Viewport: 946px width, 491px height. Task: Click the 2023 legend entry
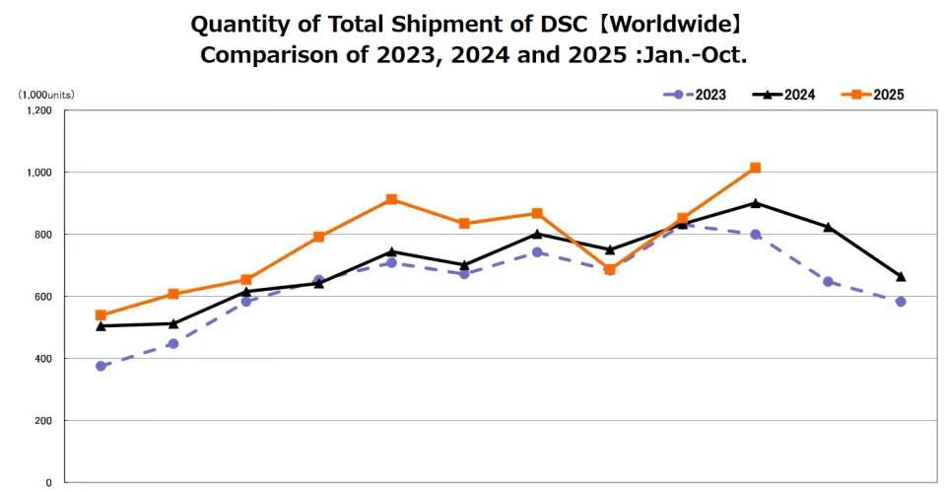pyautogui.click(x=696, y=95)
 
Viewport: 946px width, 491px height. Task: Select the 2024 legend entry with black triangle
pyautogui.click(x=784, y=95)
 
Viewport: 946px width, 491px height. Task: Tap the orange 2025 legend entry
pyautogui.click(x=873, y=95)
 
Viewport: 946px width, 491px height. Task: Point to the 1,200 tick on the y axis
pyautogui.click(x=38, y=110)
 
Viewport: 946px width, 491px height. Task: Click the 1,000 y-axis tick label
pyautogui.click(x=38, y=173)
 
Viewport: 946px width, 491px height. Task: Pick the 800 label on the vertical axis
pyautogui.click(x=42, y=235)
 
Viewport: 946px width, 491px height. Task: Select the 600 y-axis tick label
pyautogui.click(x=42, y=297)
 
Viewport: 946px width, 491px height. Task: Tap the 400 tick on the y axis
pyautogui.click(x=42, y=359)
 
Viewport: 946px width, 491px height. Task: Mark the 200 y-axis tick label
pyautogui.click(x=42, y=421)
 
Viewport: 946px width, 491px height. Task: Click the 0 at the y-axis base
pyautogui.click(x=48, y=483)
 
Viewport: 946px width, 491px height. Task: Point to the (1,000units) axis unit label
pyautogui.click(x=45, y=95)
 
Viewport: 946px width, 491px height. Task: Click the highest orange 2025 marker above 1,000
pyautogui.click(x=755, y=168)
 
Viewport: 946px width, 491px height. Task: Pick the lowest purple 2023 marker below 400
pyautogui.click(x=101, y=366)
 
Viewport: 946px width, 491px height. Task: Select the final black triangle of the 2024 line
pyautogui.click(x=901, y=276)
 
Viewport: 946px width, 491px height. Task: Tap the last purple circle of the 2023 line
pyautogui.click(x=901, y=302)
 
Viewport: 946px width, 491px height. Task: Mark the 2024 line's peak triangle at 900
pyautogui.click(x=755, y=203)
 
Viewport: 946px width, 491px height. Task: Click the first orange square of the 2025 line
pyautogui.click(x=101, y=316)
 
